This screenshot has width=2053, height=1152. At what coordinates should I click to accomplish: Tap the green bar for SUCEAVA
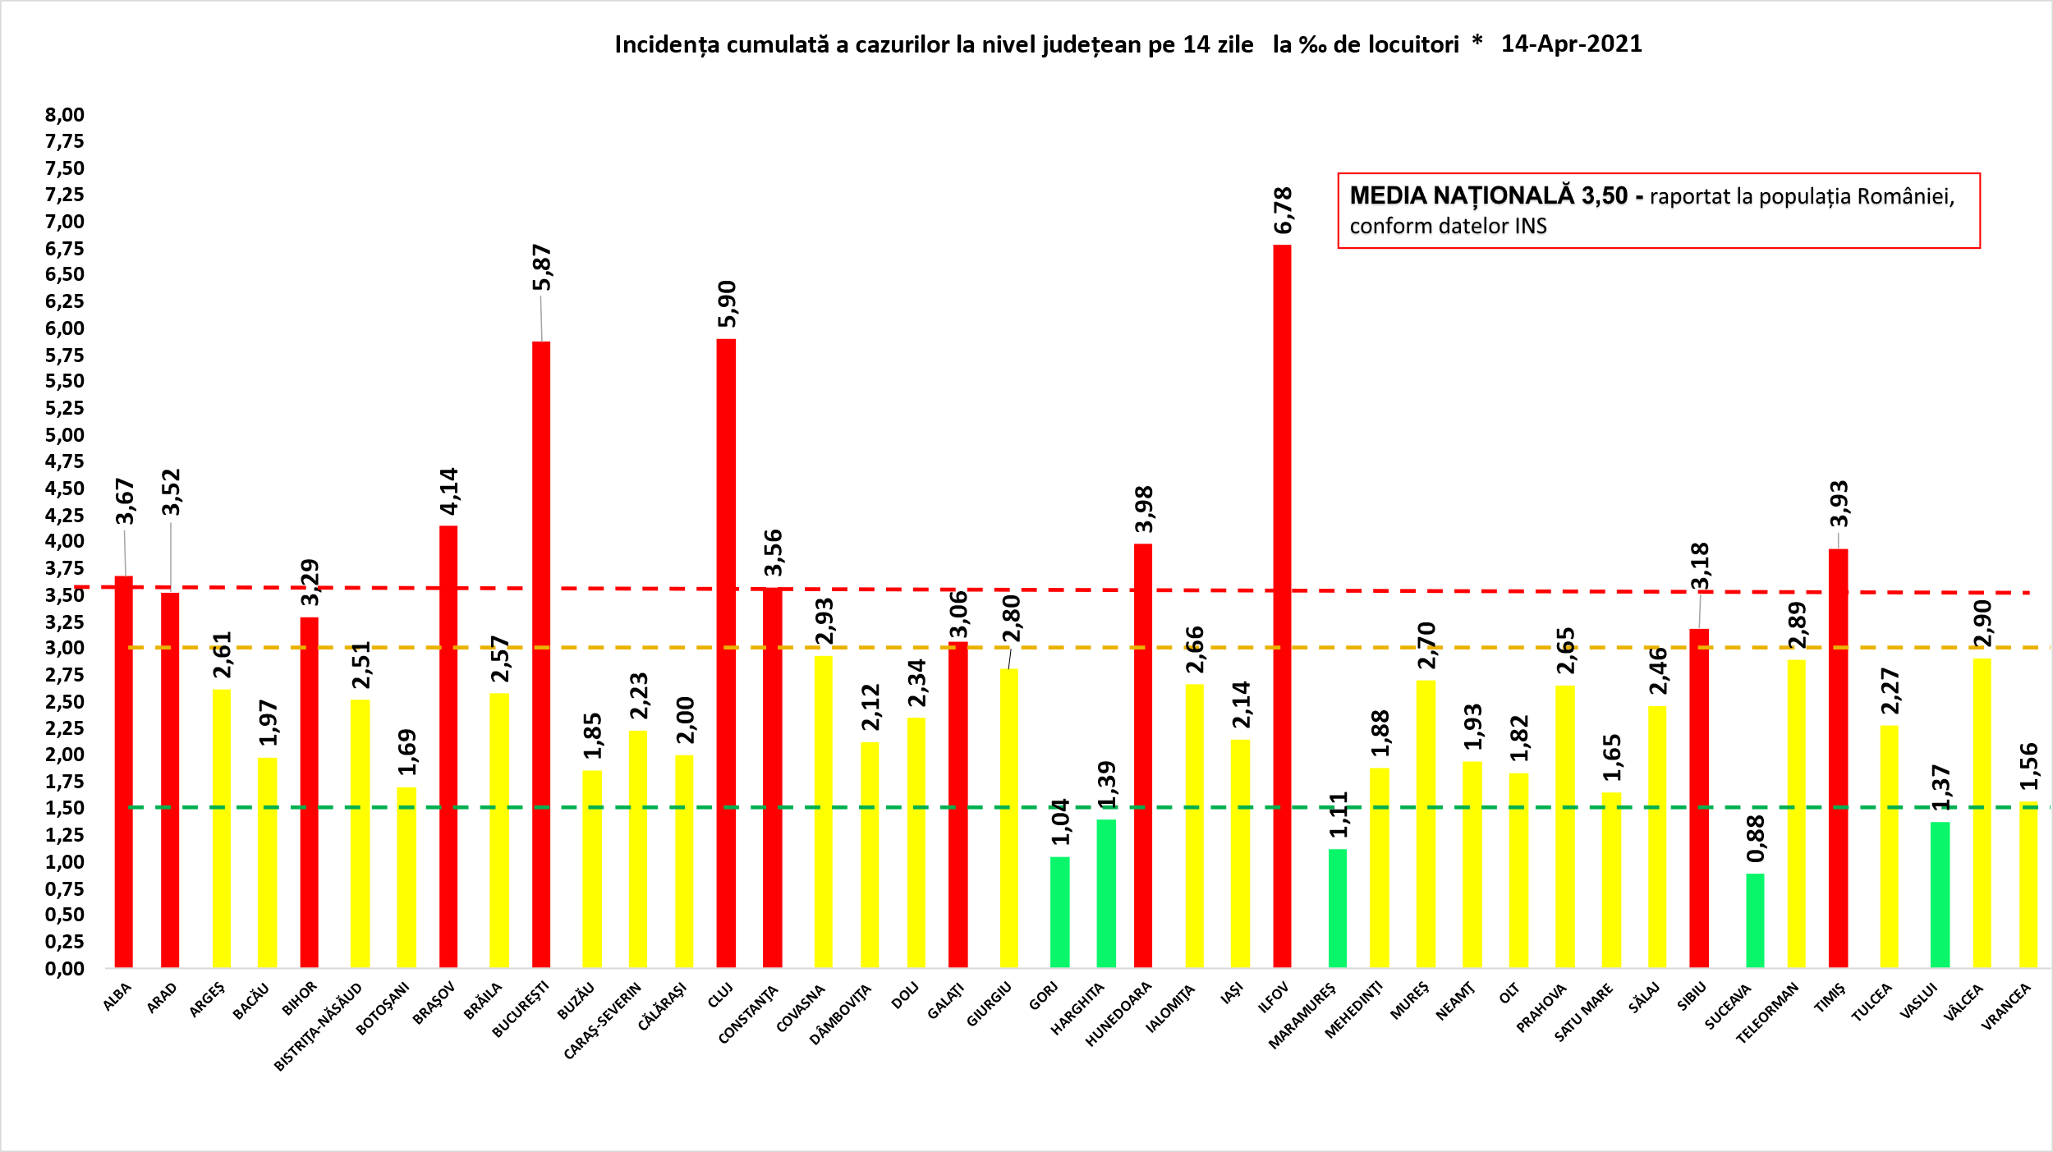click(x=1755, y=920)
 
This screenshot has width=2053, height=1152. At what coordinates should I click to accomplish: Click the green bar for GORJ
click(x=1060, y=911)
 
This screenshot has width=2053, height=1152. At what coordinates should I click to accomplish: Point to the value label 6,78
click(x=1284, y=210)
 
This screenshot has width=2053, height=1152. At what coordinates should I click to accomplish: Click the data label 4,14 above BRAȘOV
click(x=449, y=491)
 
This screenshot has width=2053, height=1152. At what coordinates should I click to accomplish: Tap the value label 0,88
click(x=1756, y=838)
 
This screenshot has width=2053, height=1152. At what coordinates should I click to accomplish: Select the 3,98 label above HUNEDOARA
click(x=1144, y=509)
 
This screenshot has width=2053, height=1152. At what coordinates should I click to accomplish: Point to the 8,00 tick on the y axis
click(x=65, y=115)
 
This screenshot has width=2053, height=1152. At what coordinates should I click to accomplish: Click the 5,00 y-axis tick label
click(x=65, y=435)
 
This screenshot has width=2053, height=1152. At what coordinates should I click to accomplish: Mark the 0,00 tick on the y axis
click(x=65, y=969)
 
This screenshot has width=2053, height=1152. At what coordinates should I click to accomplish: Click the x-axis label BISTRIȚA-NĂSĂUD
click(x=319, y=1026)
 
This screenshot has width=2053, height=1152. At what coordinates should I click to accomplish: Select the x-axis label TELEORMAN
click(x=1767, y=1013)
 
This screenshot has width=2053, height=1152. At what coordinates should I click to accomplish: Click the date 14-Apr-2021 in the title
click(x=1571, y=44)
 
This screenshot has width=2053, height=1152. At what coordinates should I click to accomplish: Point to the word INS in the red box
click(x=1530, y=227)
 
